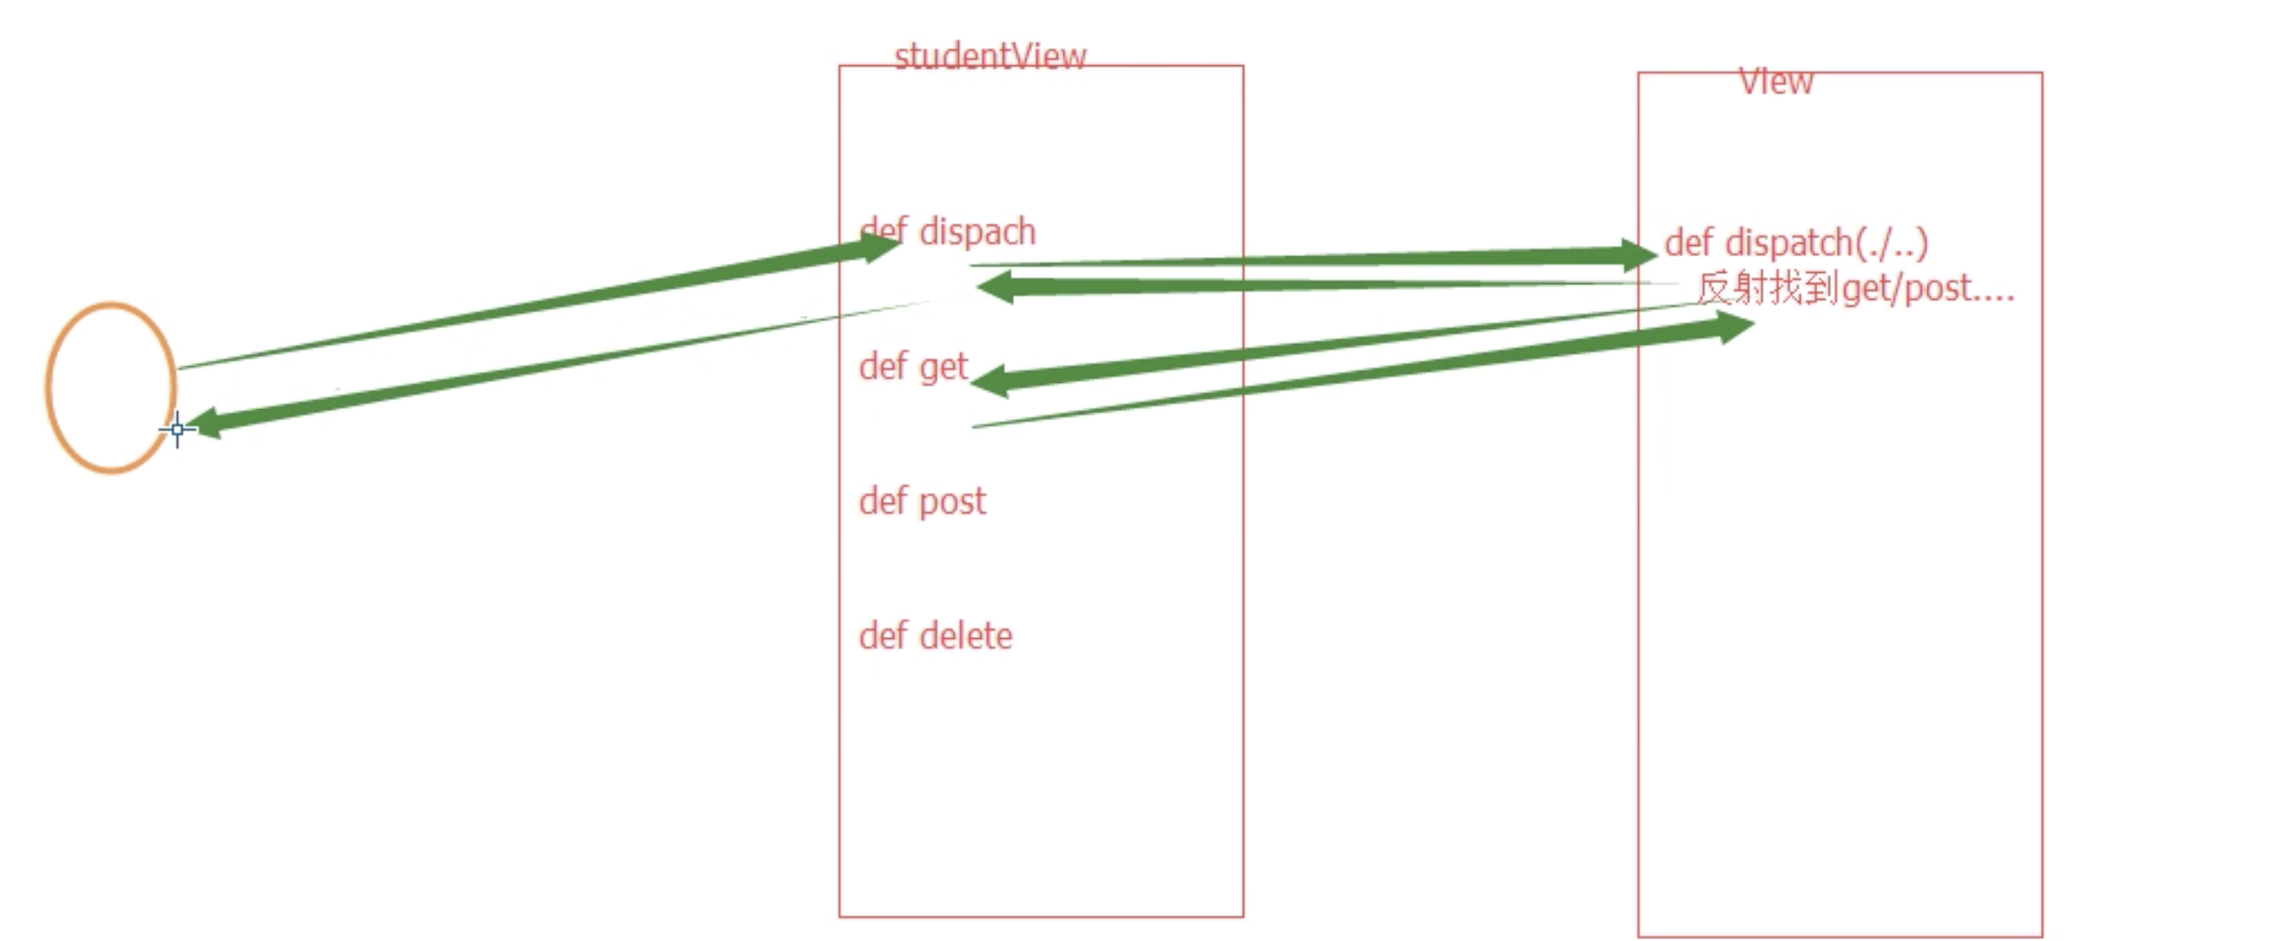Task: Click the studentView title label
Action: click(x=989, y=57)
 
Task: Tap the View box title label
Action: click(x=1775, y=82)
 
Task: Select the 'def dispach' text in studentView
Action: click(x=947, y=231)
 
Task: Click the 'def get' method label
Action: click(x=912, y=367)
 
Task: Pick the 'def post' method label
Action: click(x=921, y=501)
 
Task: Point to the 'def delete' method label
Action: click(x=935, y=636)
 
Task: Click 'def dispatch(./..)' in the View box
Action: click(x=1795, y=243)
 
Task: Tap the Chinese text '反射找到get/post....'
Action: click(x=1855, y=289)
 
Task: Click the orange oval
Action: click(x=111, y=387)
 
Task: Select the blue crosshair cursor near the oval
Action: click(x=177, y=430)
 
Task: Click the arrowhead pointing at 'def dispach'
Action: click(x=878, y=247)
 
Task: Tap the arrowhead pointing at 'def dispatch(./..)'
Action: click(x=1637, y=254)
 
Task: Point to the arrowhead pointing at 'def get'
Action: click(x=992, y=380)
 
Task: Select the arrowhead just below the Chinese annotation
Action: click(x=1733, y=326)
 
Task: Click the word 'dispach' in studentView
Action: click(x=977, y=231)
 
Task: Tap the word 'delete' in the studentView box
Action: click(x=965, y=636)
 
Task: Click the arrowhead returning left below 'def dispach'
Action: click(x=996, y=287)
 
